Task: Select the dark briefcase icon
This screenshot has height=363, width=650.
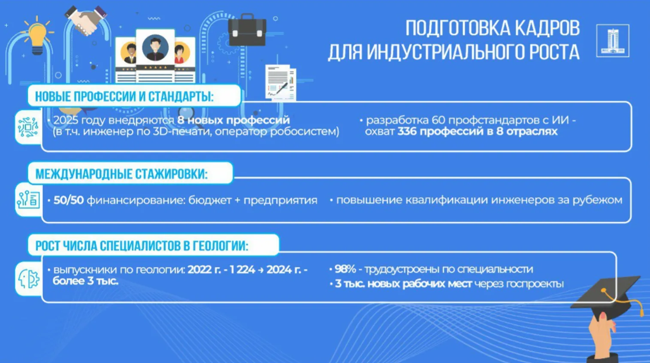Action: (x=247, y=30)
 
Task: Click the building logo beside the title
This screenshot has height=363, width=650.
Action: (x=612, y=41)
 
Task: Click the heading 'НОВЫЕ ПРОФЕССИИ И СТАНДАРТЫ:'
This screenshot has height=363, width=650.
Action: (x=124, y=96)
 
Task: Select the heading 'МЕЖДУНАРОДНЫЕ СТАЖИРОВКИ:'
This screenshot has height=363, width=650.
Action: (x=121, y=174)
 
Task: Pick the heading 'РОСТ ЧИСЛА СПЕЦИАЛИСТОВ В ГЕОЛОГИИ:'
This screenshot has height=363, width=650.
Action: (x=142, y=246)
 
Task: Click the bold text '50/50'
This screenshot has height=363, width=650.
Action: (x=68, y=200)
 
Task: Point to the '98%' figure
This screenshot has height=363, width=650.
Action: (x=345, y=269)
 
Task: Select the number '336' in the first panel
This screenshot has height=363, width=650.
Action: (x=407, y=131)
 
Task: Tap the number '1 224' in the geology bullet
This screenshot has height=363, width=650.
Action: (x=242, y=270)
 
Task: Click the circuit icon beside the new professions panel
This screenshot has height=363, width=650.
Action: (x=28, y=127)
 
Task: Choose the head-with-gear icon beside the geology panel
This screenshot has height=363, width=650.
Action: (x=28, y=279)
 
